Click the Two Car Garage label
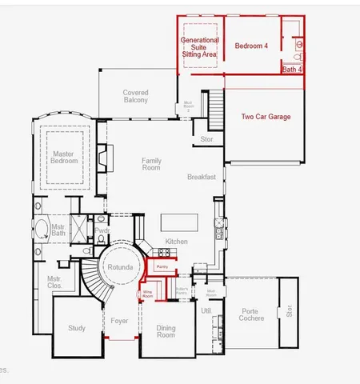point(266,117)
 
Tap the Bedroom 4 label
point(251,46)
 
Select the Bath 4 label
point(293,70)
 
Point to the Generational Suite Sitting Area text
point(200,46)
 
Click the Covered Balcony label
point(135,97)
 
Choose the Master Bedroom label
point(65,157)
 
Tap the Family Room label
point(151,164)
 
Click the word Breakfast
point(202,177)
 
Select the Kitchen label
point(176,242)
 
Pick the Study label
point(77,328)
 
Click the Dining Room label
point(165,331)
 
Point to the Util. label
point(206,310)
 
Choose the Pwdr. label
point(102,230)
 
